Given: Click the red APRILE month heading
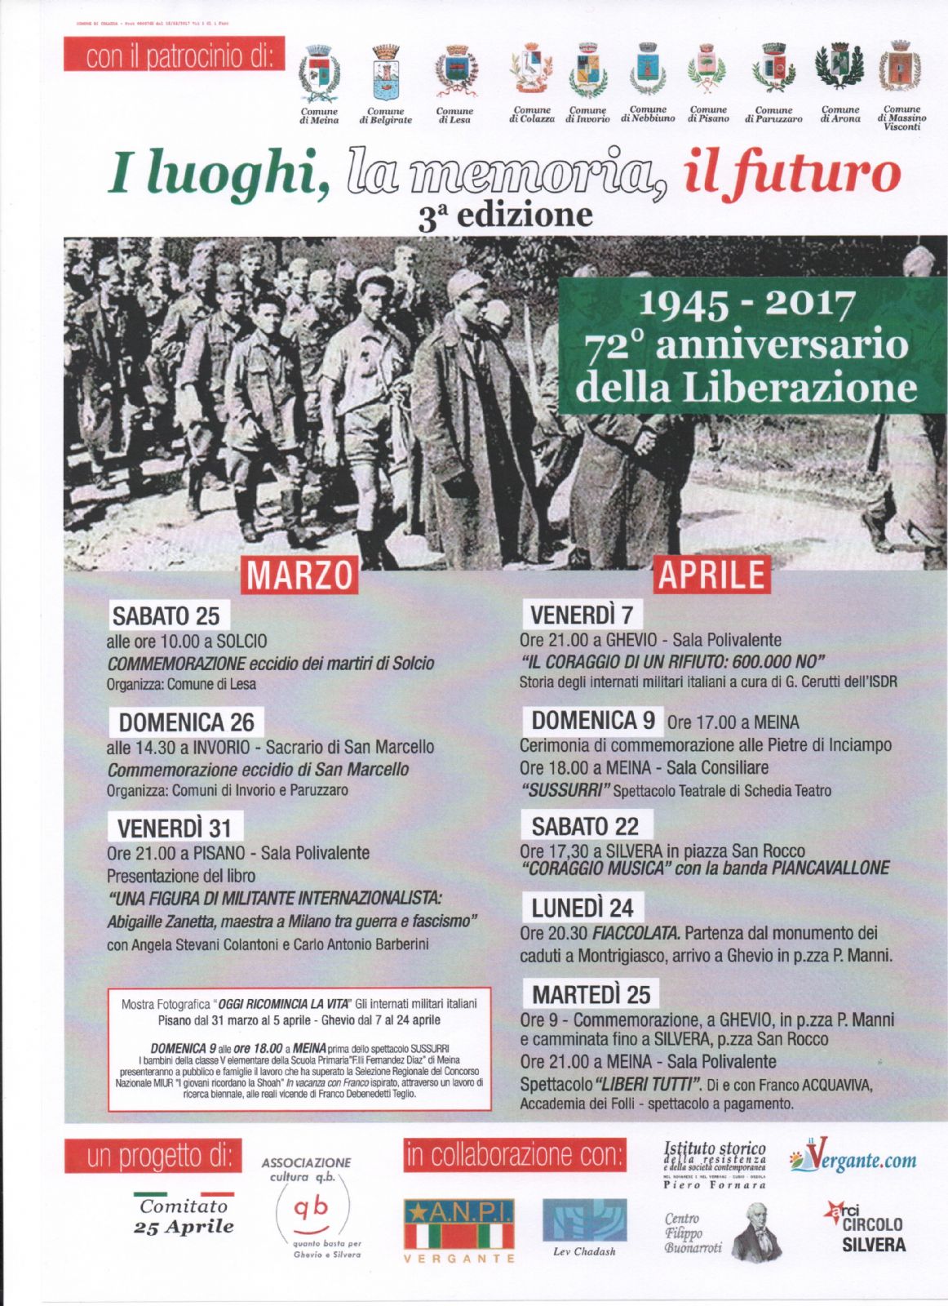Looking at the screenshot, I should pos(711,574).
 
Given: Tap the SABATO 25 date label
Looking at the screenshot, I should pos(166,615).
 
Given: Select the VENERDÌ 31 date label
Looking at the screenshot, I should pos(175,828).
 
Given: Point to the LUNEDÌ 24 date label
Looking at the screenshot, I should pos(583,908).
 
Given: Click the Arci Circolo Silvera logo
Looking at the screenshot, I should pos(866,1228).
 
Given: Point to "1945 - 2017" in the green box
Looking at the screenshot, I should pos(746,304).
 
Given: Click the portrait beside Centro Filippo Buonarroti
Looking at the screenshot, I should pos(756,1232).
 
